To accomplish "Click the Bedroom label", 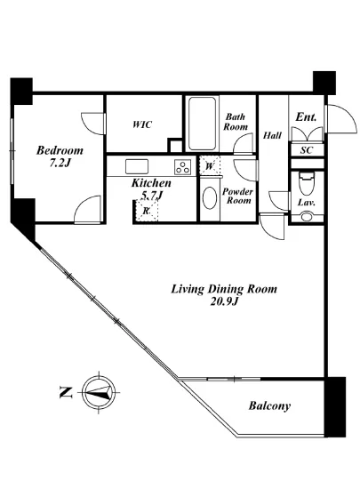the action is tap(60, 150).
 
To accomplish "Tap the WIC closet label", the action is tap(142, 124).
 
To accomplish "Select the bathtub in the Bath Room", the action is tap(203, 124).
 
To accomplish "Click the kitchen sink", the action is tap(137, 166).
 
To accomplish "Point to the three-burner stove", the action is tap(182, 166).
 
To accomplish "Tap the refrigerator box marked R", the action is tap(147, 211).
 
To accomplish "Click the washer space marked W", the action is tap(210, 166).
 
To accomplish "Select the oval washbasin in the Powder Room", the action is tap(210, 198).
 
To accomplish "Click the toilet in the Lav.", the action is tap(307, 183).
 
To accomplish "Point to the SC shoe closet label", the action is tap(307, 150).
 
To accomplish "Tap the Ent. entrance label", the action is tap(306, 117).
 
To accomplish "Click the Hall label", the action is tap(272, 135).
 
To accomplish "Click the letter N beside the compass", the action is tap(66, 392).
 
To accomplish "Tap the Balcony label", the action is tap(269, 405).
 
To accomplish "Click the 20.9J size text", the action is tap(224, 301).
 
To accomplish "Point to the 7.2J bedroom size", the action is tap(60, 163).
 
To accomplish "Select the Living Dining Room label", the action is tap(224, 289).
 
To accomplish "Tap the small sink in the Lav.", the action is tap(307, 216).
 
